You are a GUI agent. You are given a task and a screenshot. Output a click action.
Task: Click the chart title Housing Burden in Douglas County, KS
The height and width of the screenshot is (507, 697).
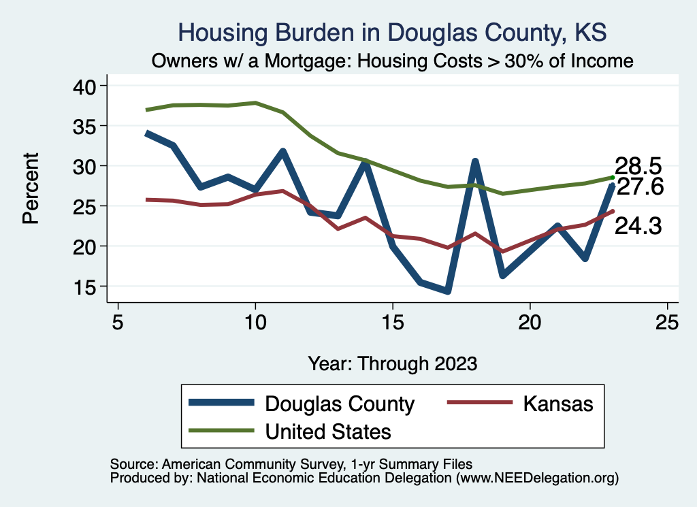click(391, 32)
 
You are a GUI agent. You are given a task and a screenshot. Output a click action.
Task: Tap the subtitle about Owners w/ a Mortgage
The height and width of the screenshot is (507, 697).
click(393, 61)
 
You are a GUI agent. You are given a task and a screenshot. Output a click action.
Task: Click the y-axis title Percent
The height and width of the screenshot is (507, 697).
click(30, 187)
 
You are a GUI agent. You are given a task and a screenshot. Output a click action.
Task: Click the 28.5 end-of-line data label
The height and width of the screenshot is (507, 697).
click(638, 166)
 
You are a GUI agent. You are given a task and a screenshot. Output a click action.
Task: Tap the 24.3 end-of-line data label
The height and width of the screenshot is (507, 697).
click(638, 227)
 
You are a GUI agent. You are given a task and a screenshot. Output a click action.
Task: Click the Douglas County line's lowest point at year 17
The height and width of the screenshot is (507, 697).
click(447, 291)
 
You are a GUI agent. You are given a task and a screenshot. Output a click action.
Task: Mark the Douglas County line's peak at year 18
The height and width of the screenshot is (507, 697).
click(475, 161)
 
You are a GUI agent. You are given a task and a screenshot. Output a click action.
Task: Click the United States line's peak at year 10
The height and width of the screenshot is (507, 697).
click(255, 103)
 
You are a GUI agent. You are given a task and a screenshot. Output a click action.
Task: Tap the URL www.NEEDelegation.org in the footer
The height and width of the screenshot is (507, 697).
click(537, 478)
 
